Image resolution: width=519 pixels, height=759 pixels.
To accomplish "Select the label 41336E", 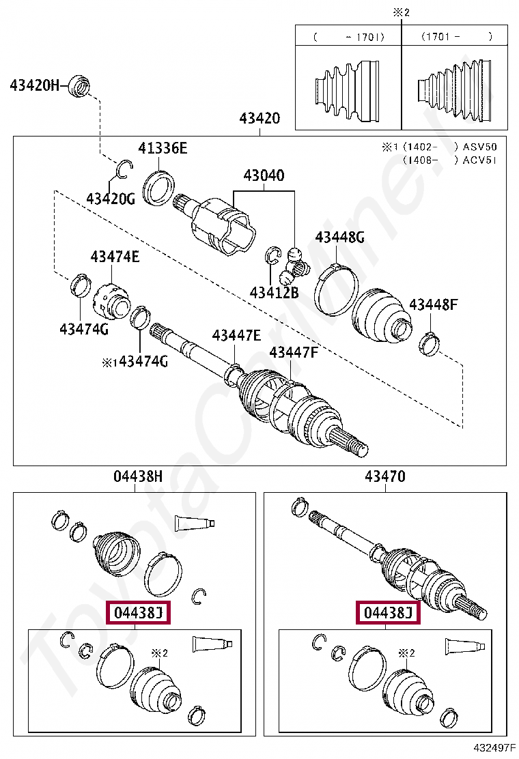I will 163,148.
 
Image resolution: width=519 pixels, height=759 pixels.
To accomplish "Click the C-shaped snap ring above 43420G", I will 123,169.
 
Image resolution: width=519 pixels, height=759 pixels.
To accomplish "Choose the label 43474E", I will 115,257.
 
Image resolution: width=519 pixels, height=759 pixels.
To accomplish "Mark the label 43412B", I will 274,293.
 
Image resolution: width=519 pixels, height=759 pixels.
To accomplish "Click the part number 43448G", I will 339,237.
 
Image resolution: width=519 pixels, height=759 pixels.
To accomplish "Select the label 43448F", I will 433,304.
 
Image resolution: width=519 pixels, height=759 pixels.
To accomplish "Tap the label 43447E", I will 236,335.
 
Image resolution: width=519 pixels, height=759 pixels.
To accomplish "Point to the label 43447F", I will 294,352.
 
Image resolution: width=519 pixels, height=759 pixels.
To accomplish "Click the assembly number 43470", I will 384,476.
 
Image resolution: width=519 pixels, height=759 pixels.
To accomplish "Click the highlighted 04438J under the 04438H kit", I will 139,613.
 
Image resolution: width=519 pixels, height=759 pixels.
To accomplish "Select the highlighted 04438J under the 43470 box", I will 388,613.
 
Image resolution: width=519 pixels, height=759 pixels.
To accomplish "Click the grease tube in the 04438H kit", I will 195,524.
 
